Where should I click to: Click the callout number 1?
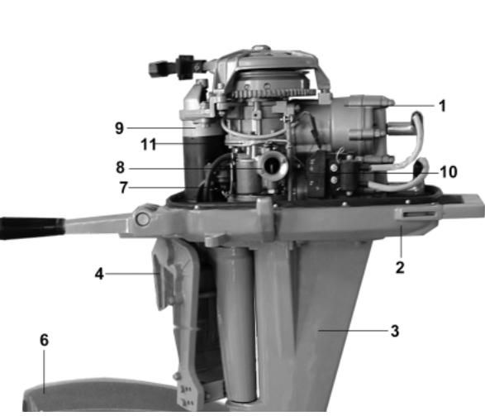442,106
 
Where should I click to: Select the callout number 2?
400,267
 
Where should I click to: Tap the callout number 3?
395,331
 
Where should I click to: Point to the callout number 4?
99,274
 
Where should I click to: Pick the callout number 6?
45,340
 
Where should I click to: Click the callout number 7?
123,187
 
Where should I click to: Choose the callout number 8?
121,167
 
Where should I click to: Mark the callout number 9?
120,128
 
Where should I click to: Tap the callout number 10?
449,172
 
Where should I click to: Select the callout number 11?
149,144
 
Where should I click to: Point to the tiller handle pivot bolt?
143,219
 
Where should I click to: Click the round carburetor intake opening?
272,166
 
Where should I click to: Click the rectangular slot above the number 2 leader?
416,214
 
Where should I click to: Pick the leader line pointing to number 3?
354,331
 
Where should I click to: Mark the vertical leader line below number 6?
44,371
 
